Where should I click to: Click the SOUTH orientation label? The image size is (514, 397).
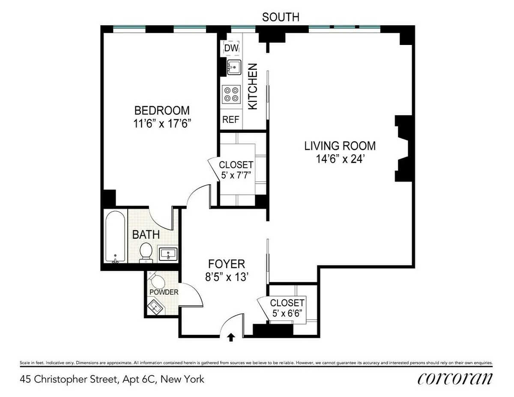point(281,17)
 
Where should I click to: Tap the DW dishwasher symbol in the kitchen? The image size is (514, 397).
point(231,48)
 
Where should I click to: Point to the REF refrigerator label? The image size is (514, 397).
point(230,120)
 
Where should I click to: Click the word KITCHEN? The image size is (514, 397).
point(253,86)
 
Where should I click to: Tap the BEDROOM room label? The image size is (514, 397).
point(162,110)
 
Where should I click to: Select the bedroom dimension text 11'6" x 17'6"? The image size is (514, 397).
point(162,123)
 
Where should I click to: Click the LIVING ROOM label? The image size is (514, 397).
point(340,146)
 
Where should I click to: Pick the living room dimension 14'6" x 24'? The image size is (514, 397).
point(340,159)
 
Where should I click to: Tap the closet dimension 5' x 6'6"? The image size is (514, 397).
point(287,313)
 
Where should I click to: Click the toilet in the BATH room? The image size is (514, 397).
point(146,251)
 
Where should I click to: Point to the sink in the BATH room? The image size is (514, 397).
point(169,254)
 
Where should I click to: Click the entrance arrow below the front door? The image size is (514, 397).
point(231,337)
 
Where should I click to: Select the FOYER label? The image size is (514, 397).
point(227,263)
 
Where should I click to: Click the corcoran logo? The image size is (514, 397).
point(454,379)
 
